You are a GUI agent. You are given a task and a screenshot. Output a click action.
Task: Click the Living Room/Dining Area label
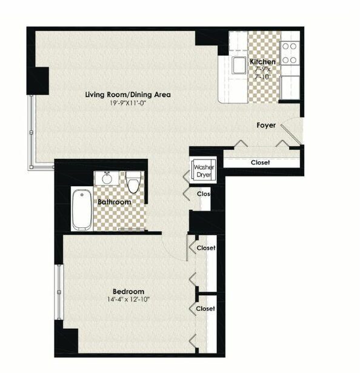128,95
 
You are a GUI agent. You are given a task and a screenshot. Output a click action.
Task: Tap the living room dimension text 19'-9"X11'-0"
127,103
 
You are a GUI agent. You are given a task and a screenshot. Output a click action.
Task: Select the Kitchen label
263,62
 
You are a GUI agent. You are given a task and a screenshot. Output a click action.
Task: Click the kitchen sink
239,65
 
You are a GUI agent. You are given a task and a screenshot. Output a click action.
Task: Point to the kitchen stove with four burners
289,53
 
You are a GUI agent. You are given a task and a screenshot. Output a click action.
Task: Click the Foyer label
266,125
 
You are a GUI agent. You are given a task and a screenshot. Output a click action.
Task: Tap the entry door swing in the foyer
291,135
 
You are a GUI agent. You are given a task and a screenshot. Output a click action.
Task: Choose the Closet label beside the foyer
261,163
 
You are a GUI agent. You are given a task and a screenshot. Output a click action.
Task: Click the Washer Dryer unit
204,170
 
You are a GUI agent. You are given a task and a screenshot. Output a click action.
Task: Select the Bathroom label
115,202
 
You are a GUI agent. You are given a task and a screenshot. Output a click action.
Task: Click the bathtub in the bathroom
82,210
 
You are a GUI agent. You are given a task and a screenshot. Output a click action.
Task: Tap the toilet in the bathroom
133,182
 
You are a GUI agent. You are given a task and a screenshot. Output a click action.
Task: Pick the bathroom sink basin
107,178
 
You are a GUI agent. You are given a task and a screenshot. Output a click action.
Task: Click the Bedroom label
128,291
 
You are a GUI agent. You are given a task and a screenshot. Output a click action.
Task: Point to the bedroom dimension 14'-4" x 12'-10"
128,299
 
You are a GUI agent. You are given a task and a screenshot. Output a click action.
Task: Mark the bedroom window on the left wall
59,292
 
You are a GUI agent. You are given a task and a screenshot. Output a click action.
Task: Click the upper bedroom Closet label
206,248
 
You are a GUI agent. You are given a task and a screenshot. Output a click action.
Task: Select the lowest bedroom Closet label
205,309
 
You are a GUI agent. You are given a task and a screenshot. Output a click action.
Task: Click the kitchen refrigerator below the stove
290,87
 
